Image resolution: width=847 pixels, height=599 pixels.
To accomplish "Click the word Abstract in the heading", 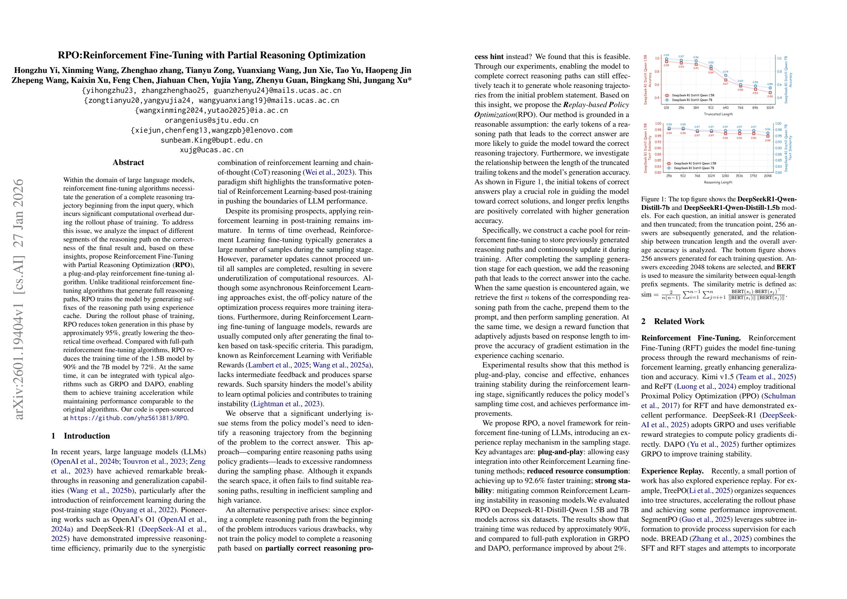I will click(128, 163).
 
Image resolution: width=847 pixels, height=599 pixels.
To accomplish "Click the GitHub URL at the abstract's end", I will click(129, 418).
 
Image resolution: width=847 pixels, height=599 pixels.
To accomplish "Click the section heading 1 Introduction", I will click(81, 435).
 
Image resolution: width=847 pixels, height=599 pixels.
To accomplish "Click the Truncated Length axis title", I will click(719, 115).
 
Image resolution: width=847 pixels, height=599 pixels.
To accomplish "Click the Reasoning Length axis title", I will click(719, 182).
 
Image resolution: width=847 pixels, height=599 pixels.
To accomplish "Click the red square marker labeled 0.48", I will click(771, 92).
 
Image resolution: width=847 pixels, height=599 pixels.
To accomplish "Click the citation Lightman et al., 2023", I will click(287, 404).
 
